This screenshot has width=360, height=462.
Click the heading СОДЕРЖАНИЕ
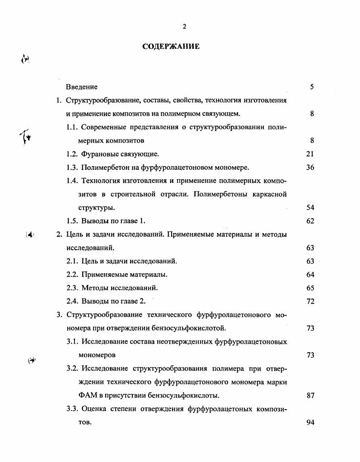coord(171,47)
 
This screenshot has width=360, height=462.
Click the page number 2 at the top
coord(184,27)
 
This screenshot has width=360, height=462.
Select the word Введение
coord(82,87)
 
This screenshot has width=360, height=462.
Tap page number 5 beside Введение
coord(312,87)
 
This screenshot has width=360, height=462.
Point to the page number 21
coord(310,154)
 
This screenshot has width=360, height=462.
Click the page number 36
coord(310,168)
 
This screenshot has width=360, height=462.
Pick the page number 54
coord(310,208)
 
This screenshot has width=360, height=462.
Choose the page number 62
coord(310,221)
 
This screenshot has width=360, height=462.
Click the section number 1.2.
coord(72,154)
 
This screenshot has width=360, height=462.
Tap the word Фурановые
coord(98,154)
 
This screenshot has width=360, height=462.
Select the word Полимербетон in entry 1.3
coord(104,168)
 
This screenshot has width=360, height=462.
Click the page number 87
coord(310,396)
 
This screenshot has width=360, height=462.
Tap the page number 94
coord(310,423)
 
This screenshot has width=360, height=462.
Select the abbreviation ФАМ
coord(87,396)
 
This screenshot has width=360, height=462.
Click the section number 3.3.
coord(72,409)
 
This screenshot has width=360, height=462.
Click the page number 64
coord(310,275)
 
